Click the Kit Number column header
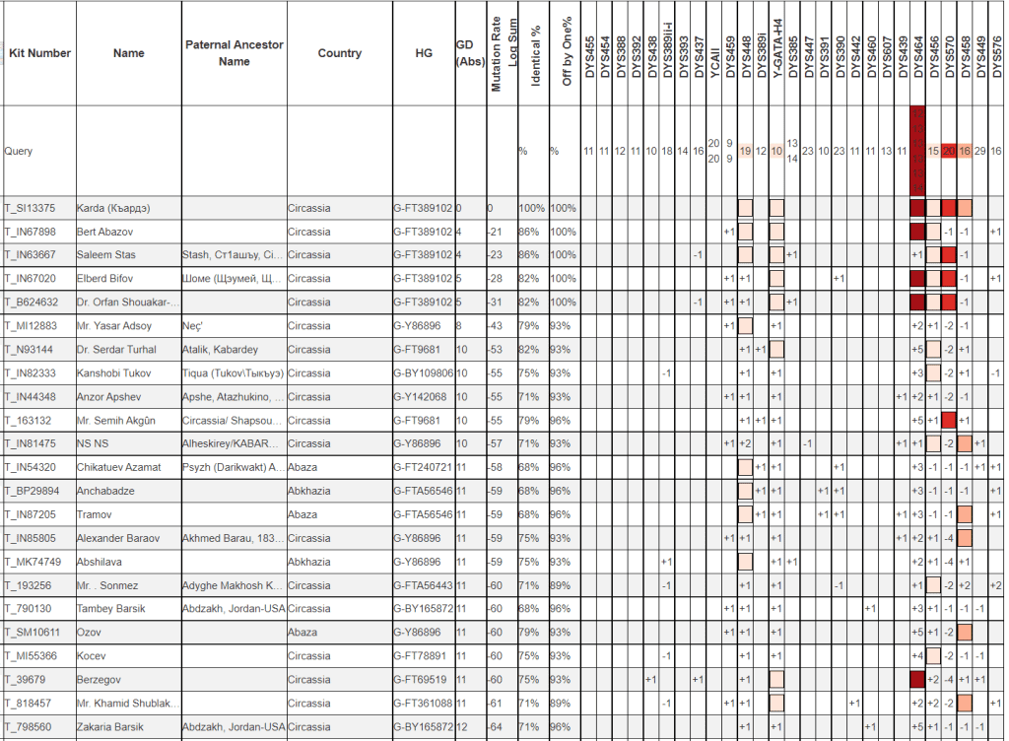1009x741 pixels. (x=39, y=53)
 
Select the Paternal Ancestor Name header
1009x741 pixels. (x=234, y=53)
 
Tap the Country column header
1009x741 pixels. (x=339, y=53)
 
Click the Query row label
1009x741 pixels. (x=19, y=152)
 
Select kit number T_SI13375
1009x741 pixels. (x=31, y=208)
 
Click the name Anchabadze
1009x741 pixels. (x=105, y=491)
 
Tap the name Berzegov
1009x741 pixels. (x=101, y=680)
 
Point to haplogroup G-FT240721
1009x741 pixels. (x=424, y=467)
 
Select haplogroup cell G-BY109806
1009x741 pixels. (x=424, y=373)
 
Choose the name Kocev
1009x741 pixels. (x=92, y=656)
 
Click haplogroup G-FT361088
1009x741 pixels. (x=424, y=704)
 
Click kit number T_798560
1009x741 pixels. (x=31, y=727)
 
